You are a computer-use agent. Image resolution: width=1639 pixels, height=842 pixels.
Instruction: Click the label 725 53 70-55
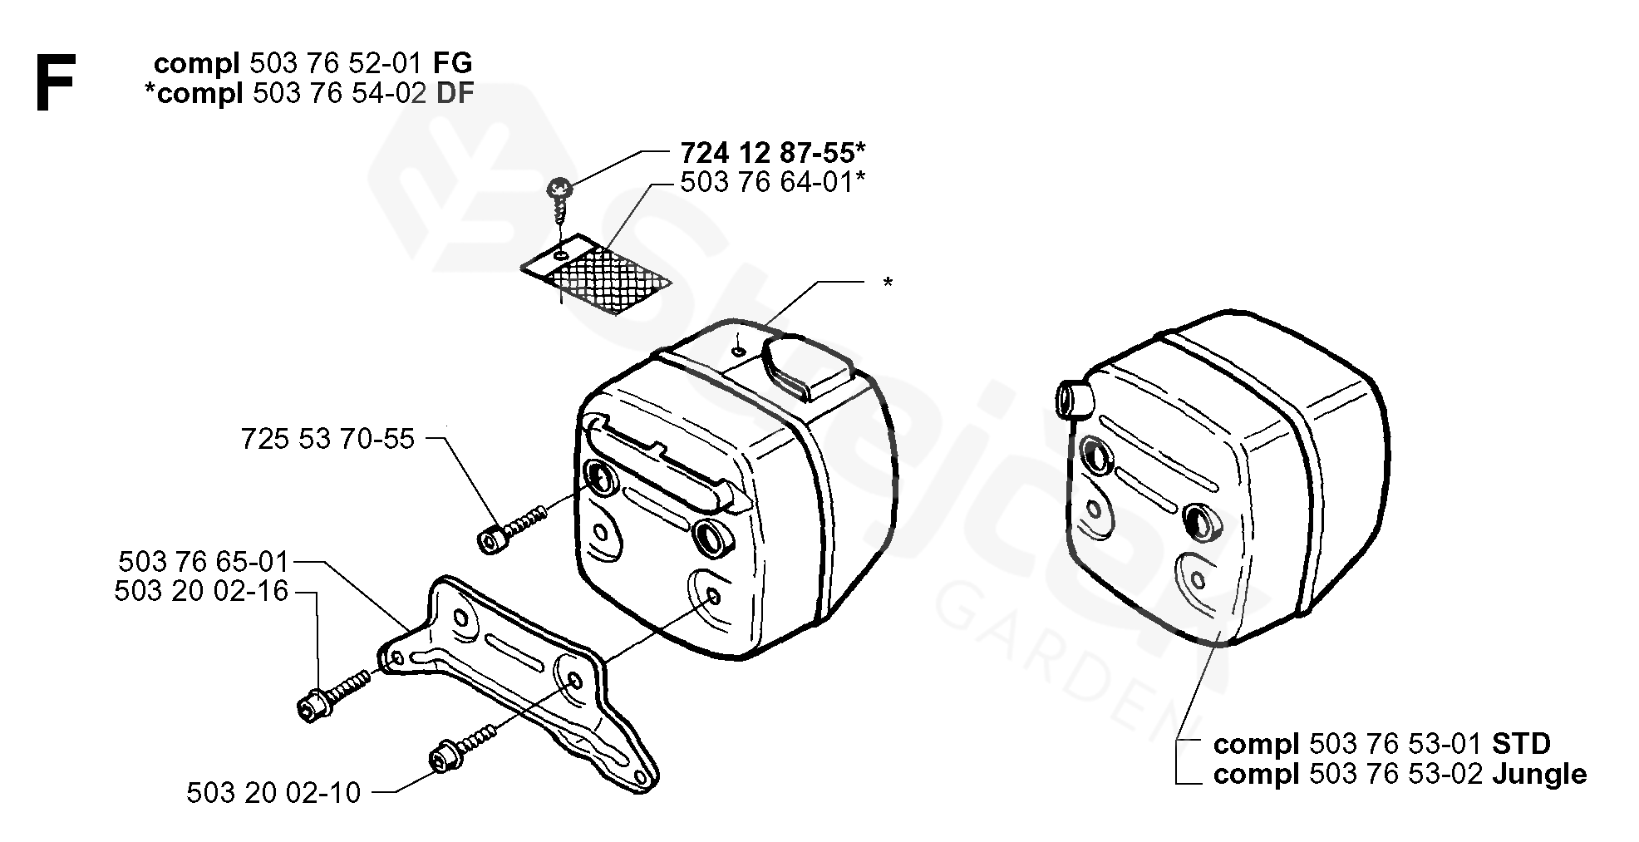327,439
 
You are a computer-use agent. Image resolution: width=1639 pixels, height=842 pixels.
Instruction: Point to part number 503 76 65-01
203,561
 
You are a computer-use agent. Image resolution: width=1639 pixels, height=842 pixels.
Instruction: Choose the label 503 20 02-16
201,592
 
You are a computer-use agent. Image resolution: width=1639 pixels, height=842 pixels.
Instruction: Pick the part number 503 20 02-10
273,793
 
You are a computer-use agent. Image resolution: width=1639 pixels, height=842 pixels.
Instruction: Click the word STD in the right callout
1522,743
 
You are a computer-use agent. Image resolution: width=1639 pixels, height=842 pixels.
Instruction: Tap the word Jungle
1539,775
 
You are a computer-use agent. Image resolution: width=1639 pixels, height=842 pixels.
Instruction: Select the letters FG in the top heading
453,63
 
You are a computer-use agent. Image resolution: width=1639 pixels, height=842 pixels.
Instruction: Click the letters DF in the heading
455,92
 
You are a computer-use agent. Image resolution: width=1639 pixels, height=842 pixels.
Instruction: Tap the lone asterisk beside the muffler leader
888,284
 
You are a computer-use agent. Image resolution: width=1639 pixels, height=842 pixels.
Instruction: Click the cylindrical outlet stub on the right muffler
1073,398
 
